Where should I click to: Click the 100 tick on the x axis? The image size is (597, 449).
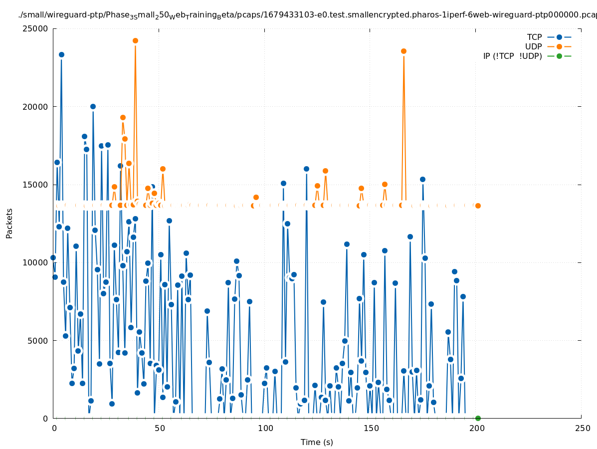pyautogui.click(x=265, y=428)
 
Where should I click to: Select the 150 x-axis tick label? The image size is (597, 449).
pyautogui.click(x=371, y=428)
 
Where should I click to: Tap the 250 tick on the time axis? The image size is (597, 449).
pyautogui.click(x=582, y=428)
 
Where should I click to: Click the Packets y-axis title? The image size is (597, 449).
pyautogui.click(x=9, y=224)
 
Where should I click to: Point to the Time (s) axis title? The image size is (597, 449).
pyautogui.click(x=317, y=442)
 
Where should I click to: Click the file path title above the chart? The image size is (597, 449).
pyautogui.click(x=307, y=15)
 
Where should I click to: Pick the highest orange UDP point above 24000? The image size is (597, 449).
pyautogui.click(x=135, y=40)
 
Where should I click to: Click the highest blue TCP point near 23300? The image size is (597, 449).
pyautogui.click(x=61, y=54)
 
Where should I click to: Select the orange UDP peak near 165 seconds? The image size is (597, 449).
pyautogui.click(x=403, y=51)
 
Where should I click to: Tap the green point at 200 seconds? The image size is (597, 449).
pyautogui.click(x=478, y=418)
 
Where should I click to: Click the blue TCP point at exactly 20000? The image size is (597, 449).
pyautogui.click(x=93, y=106)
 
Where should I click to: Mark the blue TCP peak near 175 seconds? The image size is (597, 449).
pyautogui.click(x=422, y=179)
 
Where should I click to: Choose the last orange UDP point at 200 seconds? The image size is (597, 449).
pyautogui.click(x=478, y=206)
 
